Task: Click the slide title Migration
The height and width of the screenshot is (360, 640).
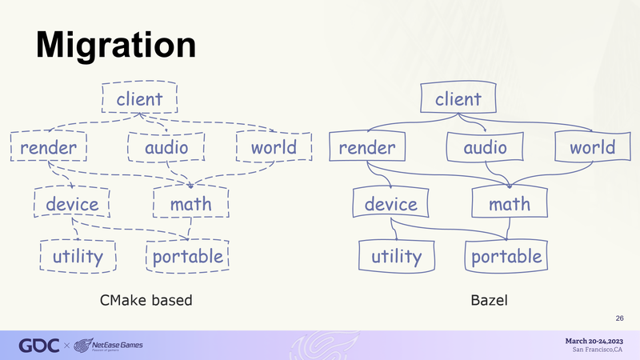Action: (116, 46)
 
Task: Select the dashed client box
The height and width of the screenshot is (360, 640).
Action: (139, 97)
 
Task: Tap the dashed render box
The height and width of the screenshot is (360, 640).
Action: (49, 146)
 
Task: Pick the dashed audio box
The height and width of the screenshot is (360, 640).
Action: (166, 146)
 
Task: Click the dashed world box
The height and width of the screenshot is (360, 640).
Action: (274, 146)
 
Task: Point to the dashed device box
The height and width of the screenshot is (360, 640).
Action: (72, 202)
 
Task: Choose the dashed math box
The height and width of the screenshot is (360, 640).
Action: (190, 202)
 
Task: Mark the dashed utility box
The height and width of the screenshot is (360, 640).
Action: (78, 256)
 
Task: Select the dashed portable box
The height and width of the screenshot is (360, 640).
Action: (187, 256)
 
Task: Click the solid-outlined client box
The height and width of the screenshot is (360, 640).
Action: (458, 97)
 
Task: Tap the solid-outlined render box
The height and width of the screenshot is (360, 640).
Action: (367, 146)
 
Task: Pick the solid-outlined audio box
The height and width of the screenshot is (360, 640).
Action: (485, 146)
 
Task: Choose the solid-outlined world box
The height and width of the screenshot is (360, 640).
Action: (593, 146)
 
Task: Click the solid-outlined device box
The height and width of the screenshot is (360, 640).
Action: (390, 202)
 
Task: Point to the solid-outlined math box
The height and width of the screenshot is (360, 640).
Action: (510, 202)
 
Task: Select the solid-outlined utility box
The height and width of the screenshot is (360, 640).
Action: (397, 256)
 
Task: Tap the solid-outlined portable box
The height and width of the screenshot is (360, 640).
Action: (506, 256)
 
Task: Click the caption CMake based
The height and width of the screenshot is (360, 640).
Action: (146, 301)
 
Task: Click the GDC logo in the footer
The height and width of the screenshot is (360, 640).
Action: (39, 346)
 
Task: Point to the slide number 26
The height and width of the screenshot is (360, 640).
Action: (619, 318)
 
